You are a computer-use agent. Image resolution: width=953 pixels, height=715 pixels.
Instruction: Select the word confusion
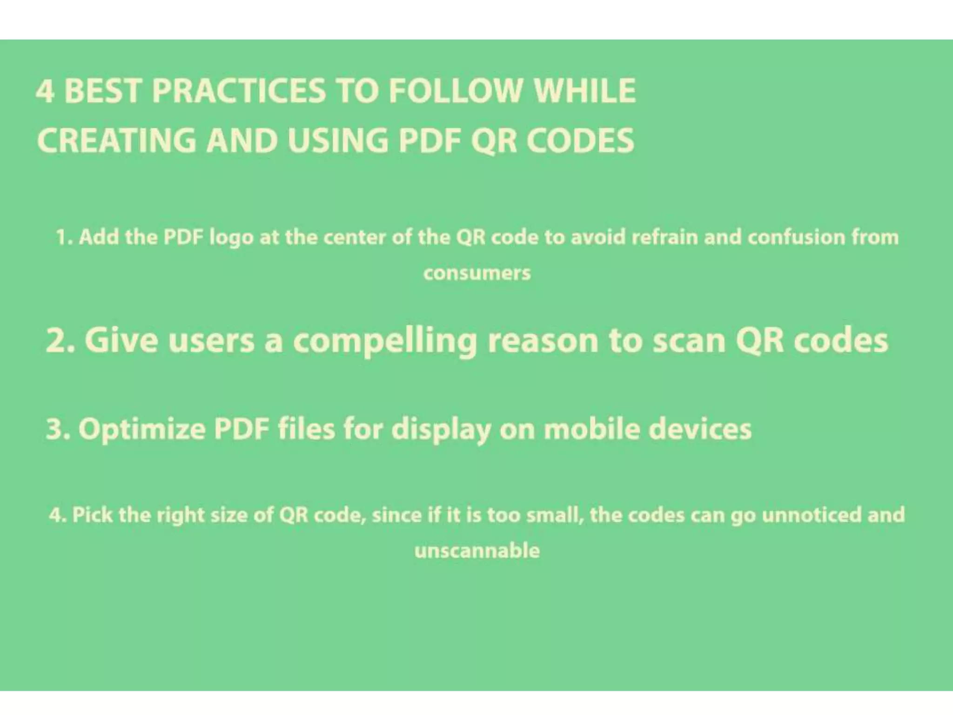pos(796,237)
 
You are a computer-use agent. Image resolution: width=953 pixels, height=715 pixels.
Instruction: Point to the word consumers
pos(477,273)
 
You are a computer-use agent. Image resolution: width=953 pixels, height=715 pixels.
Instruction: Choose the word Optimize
pos(141,429)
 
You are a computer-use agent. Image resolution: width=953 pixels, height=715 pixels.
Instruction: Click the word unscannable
pos(477,551)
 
